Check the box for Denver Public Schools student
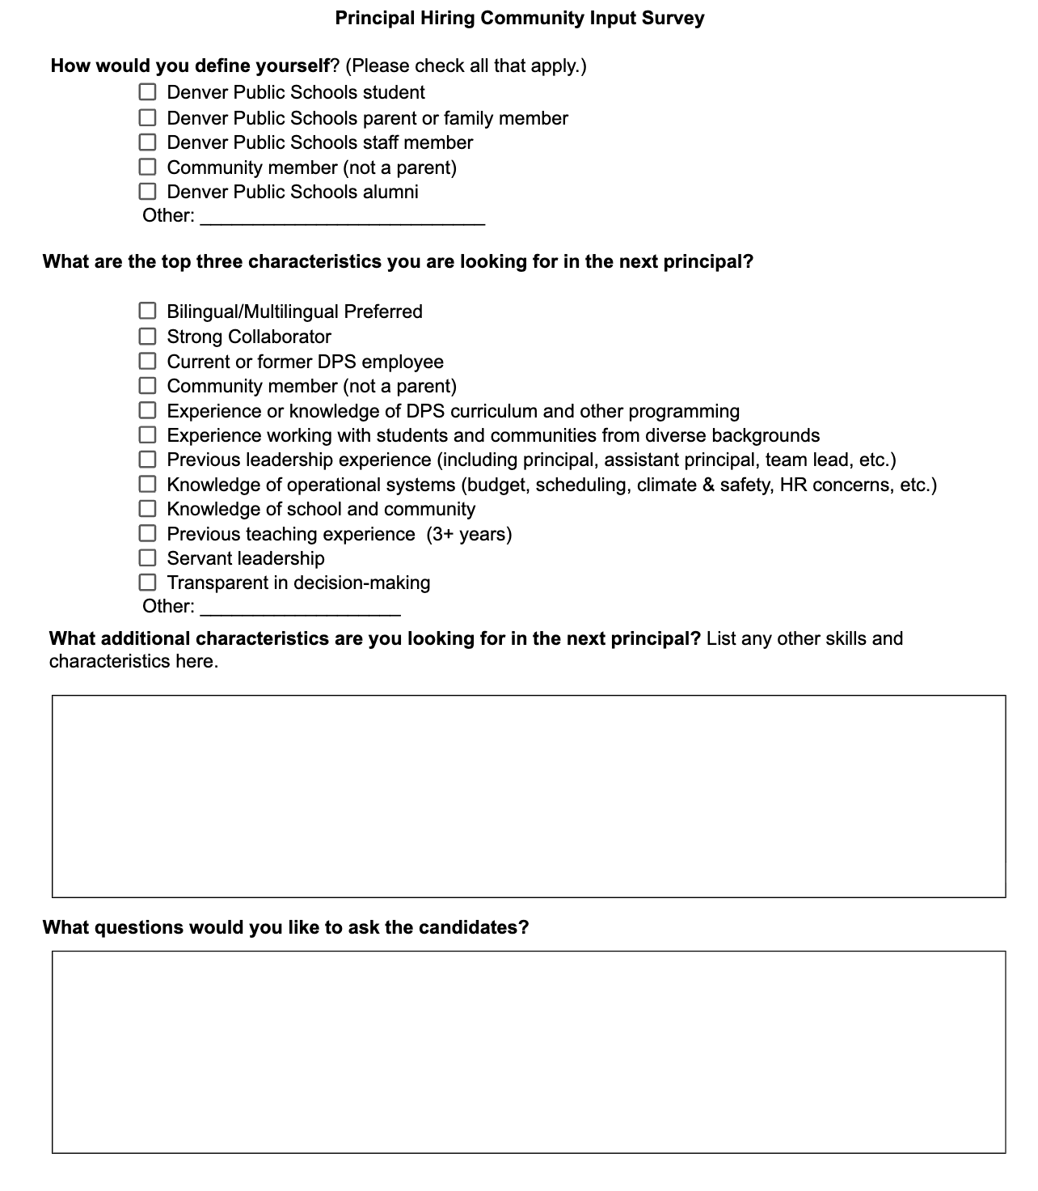147,92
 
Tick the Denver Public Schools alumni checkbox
147,192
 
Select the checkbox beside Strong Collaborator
147,336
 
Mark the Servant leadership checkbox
147,557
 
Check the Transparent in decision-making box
147,583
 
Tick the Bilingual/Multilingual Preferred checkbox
147,311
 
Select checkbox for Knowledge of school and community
147,509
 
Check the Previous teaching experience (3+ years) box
147,533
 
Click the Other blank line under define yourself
342,217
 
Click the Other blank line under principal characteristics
300,608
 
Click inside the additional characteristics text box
529,796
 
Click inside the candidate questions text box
529,1052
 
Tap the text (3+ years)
469,534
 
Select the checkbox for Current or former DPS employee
147,361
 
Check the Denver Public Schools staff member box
147,142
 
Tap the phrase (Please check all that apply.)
466,66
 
